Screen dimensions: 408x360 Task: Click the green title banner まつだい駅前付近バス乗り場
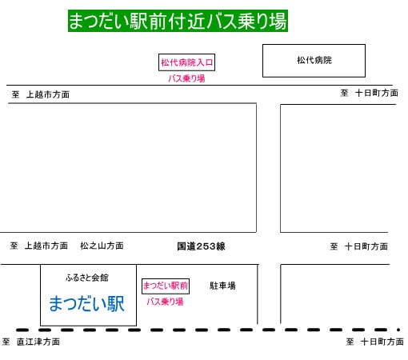coord(178,21)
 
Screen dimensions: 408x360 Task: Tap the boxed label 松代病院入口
coord(186,62)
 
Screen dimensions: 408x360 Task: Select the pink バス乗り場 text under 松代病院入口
coord(186,78)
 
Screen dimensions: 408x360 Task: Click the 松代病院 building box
coord(314,61)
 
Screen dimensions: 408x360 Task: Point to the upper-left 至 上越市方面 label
coord(41,94)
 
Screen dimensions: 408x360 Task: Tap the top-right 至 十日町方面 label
coord(370,93)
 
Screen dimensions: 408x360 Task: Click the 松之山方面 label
coord(102,246)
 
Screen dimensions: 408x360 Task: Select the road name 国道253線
coord(202,246)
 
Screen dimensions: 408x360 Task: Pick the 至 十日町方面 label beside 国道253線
coord(359,246)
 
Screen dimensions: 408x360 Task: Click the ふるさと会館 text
coord(87,278)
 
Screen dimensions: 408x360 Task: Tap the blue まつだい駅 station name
coord(87,304)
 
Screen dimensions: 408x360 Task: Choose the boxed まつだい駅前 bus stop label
coord(166,286)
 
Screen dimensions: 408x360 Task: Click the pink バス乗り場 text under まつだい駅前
coord(166,302)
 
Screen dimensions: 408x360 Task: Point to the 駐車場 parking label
coord(222,286)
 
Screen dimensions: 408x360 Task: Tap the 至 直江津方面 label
coord(31,342)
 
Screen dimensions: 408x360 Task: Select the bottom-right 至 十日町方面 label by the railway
coord(375,342)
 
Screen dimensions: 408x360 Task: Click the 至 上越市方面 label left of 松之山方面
coord(39,246)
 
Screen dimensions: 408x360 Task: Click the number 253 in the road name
coord(206,246)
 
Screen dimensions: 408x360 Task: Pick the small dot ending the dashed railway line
coord(398,330)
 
